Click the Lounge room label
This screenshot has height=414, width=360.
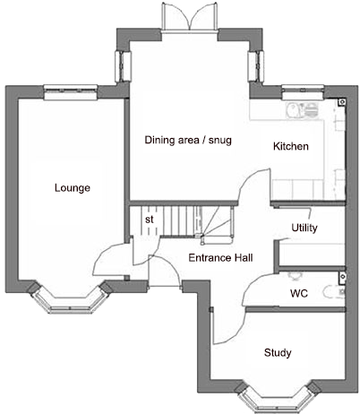pos(73,187)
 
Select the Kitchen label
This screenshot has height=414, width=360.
pos(291,146)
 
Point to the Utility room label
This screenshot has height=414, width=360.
pos(304,229)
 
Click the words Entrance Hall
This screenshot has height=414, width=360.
pos(220,258)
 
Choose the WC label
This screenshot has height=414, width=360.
pos(299,293)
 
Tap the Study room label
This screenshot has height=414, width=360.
pos(278,352)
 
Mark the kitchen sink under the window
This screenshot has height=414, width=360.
pos(296,108)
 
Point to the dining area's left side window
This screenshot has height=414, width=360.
pos(120,65)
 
